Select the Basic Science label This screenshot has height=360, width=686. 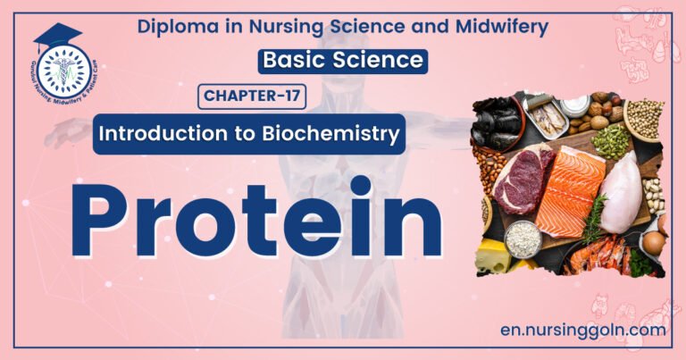pyautogui.click(x=343, y=62)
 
